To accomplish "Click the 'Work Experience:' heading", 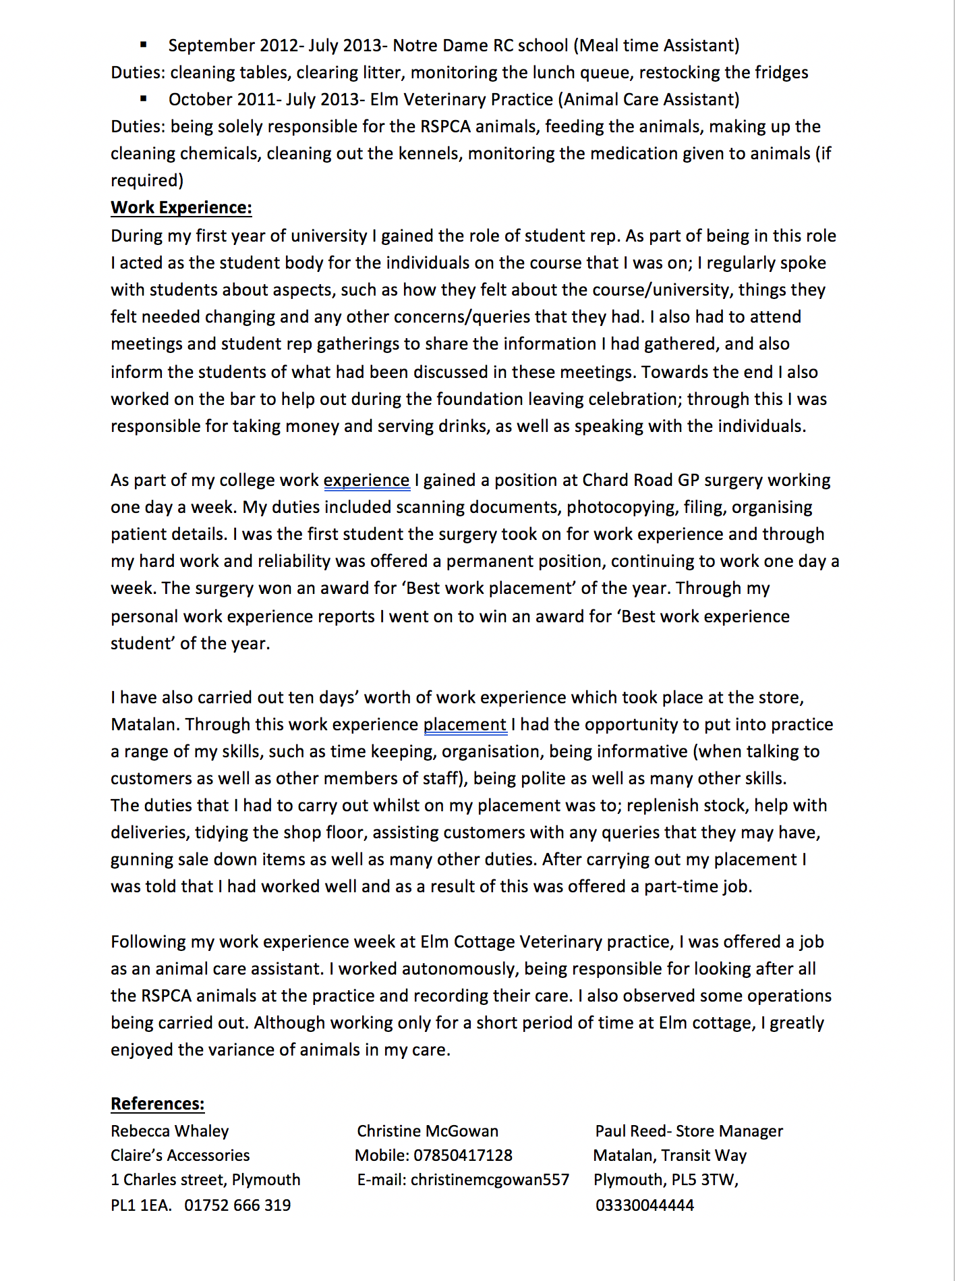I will (181, 208).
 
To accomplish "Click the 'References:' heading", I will (157, 1104).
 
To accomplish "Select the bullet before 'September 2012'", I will (143, 45).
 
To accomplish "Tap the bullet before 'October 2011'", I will (143, 99).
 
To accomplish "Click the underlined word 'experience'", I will (366, 481).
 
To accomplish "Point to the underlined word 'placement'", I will (465, 725).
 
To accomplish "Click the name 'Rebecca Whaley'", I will (169, 1131).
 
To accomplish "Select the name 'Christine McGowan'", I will (428, 1131).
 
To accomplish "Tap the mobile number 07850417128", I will (463, 1155).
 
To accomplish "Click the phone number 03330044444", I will (644, 1205).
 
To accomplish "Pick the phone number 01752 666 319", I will (237, 1205).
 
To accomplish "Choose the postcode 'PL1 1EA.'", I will (141, 1205).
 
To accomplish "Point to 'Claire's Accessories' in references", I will (180, 1155).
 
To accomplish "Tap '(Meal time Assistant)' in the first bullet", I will (656, 46).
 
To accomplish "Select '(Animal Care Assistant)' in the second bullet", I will (648, 100).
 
